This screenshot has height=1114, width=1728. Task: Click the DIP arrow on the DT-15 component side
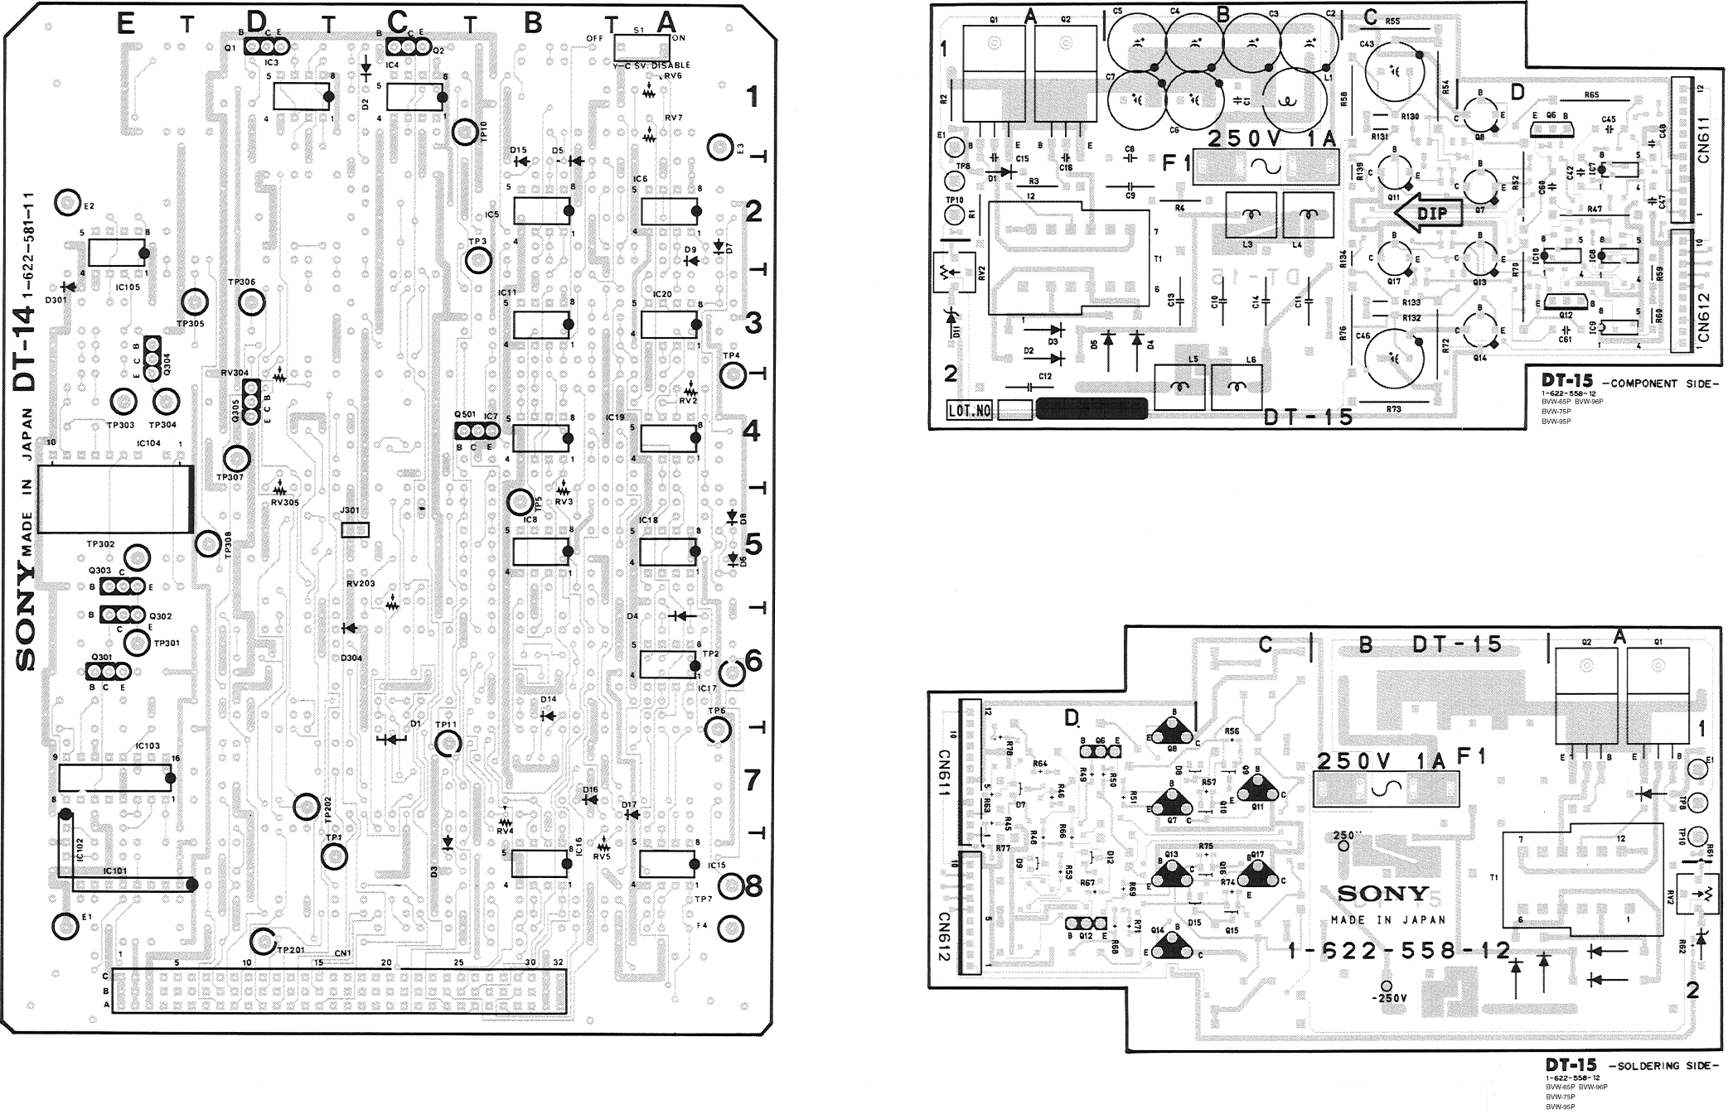click(x=1422, y=214)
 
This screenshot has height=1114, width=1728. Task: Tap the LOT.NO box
click(x=970, y=410)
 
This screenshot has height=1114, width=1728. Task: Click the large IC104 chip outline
click(x=114, y=499)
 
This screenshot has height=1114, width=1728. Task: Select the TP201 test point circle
click(x=264, y=942)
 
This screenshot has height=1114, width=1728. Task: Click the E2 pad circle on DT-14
click(x=65, y=201)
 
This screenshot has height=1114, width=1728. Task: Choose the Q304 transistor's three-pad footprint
click(x=152, y=358)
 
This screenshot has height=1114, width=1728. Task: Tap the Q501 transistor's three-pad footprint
click(x=476, y=431)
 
